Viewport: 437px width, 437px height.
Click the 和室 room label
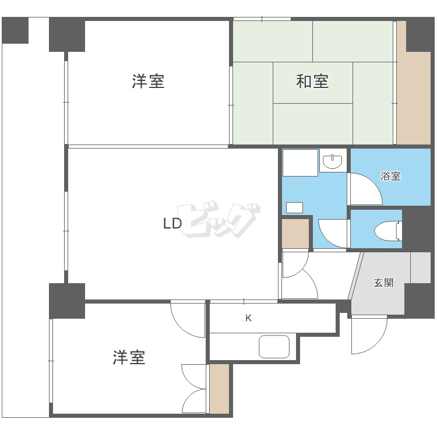(x=313, y=82)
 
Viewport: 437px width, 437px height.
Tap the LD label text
(x=172, y=223)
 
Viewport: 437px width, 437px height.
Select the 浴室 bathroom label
(x=390, y=176)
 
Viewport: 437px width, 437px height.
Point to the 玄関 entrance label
(x=383, y=283)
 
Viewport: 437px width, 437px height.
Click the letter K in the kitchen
(x=248, y=318)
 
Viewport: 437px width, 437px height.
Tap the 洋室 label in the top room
(x=148, y=82)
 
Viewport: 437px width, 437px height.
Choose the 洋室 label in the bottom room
(x=129, y=357)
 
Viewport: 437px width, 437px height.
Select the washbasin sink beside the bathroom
(x=333, y=161)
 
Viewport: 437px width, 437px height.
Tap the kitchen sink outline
(x=274, y=347)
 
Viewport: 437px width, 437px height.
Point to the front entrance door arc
(x=368, y=335)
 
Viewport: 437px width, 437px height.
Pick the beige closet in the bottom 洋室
(x=219, y=389)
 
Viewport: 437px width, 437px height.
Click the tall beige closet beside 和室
(x=413, y=96)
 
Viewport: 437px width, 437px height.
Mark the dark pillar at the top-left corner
(x=15, y=30)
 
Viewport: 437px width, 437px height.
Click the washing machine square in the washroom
(x=300, y=163)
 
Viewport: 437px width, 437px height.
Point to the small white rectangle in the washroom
(x=295, y=207)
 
